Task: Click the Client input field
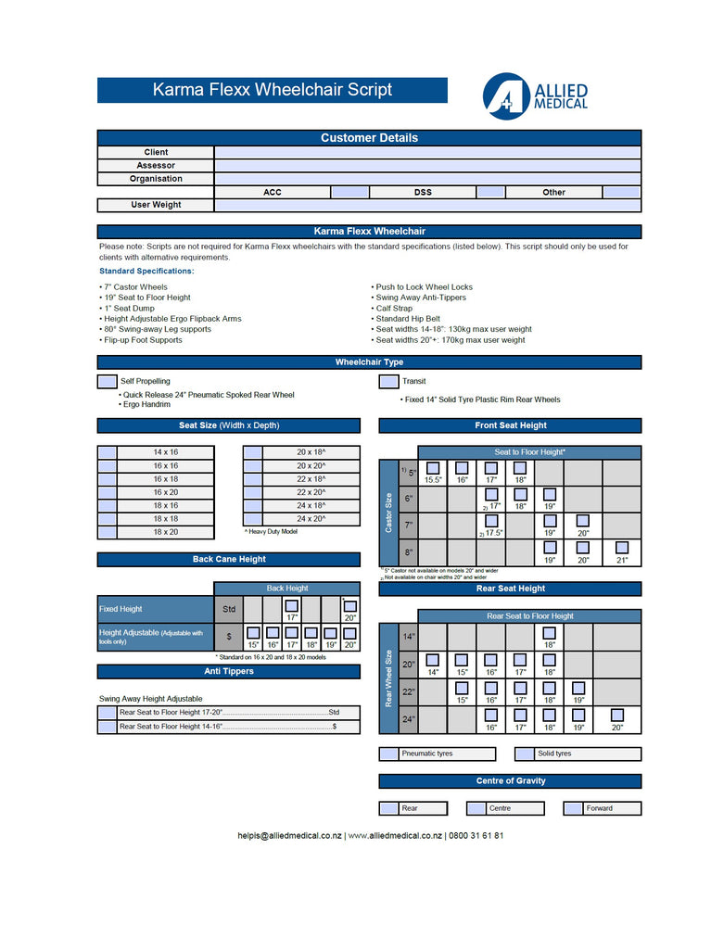pyautogui.click(x=426, y=152)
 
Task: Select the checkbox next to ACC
pyautogui.click(x=349, y=192)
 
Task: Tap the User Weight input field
pyautogui.click(x=426, y=205)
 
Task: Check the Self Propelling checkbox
pyautogui.click(x=108, y=381)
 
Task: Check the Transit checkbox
pyautogui.click(x=389, y=381)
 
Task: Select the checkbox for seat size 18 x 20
pyautogui.click(x=108, y=532)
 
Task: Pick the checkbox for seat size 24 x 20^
pyautogui.click(x=252, y=519)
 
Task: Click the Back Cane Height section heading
pyautogui.click(x=229, y=559)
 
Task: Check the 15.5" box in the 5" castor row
pyautogui.click(x=433, y=468)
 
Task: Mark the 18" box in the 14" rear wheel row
pyautogui.click(x=549, y=633)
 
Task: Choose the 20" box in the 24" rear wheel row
pyautogui.click(x=617, y=716)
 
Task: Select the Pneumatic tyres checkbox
pyautogui.click(x=389, y=754)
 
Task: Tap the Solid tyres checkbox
pyautogui.click(x=526, y=754)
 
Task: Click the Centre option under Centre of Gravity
pyautogui.click(x=477, y=808)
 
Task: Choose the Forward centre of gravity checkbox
pyautogui.click(x=574, y=808)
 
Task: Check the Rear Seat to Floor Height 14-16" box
pyautogui.click(x=108, y=727)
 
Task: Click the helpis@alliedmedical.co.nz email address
pyautogui.click(x=289, y=835)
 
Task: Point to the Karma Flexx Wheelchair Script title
pyautogui.click(x=272, y=90)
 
